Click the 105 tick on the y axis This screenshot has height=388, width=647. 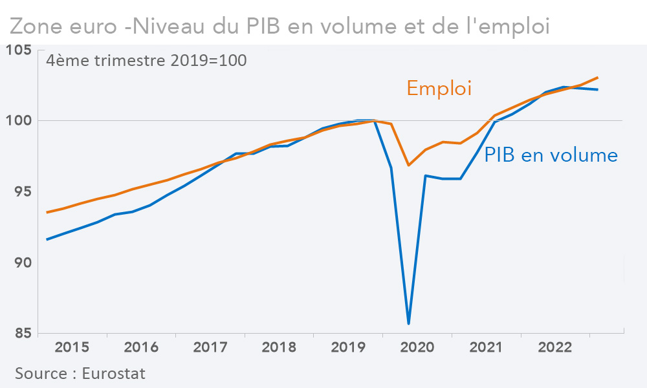coord(19,50)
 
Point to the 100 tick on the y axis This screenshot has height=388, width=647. coord(19,120)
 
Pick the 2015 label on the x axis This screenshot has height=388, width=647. coord(72,348)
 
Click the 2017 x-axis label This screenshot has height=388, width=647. coord(210,348)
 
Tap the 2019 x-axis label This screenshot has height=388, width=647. coord(348,348)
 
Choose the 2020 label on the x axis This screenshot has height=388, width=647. coord(417,348)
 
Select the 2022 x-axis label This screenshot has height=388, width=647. coord(555,348)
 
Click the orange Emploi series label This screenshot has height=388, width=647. coord(439,88)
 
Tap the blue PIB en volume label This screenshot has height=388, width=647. coord(551,155)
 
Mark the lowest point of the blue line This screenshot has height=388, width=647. coord(409,323)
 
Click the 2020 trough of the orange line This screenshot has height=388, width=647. coord(408,166)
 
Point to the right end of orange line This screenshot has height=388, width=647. coord(597,78)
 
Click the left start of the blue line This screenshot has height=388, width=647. coord(47,239)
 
